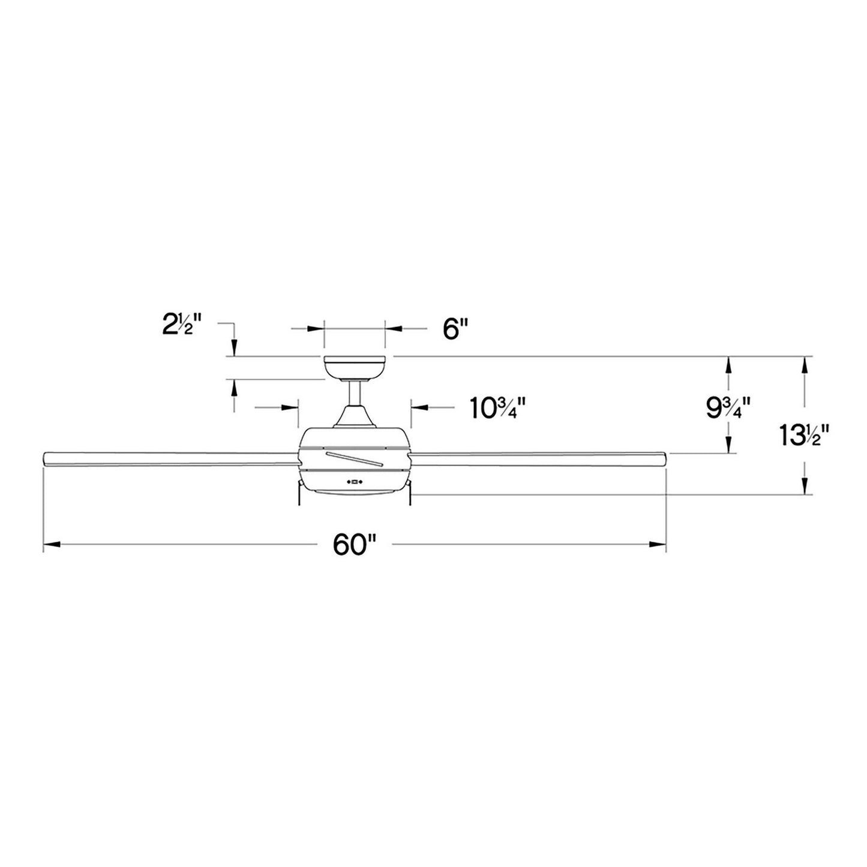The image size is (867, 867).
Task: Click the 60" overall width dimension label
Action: click(354, 545)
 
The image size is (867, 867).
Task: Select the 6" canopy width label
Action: click(456, 329)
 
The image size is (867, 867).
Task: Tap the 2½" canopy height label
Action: click(181, 325)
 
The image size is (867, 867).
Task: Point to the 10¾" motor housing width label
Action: click(498, 408)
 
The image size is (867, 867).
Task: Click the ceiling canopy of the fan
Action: click(355, 368)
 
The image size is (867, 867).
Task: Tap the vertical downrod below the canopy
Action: click(355, 393)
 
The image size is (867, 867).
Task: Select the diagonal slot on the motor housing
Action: click(355, 458)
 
